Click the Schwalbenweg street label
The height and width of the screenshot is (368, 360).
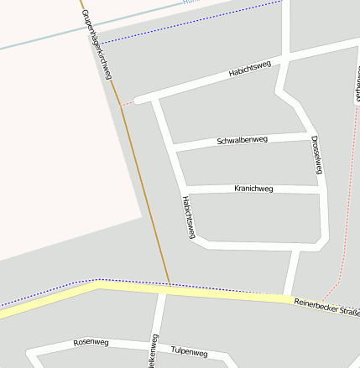point(242,139)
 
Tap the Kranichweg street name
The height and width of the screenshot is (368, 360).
point(253,189)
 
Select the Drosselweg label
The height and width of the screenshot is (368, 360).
point(316,154)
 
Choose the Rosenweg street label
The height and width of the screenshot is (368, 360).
point(91,342)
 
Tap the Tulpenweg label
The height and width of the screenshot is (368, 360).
point(188,350)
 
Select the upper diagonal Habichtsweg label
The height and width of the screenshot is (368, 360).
point(251,70)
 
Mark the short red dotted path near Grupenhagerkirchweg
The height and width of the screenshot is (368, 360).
point(127,104)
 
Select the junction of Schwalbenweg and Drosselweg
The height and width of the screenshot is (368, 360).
point(312,134)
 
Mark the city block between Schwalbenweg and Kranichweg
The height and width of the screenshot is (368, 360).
point(248,164)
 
